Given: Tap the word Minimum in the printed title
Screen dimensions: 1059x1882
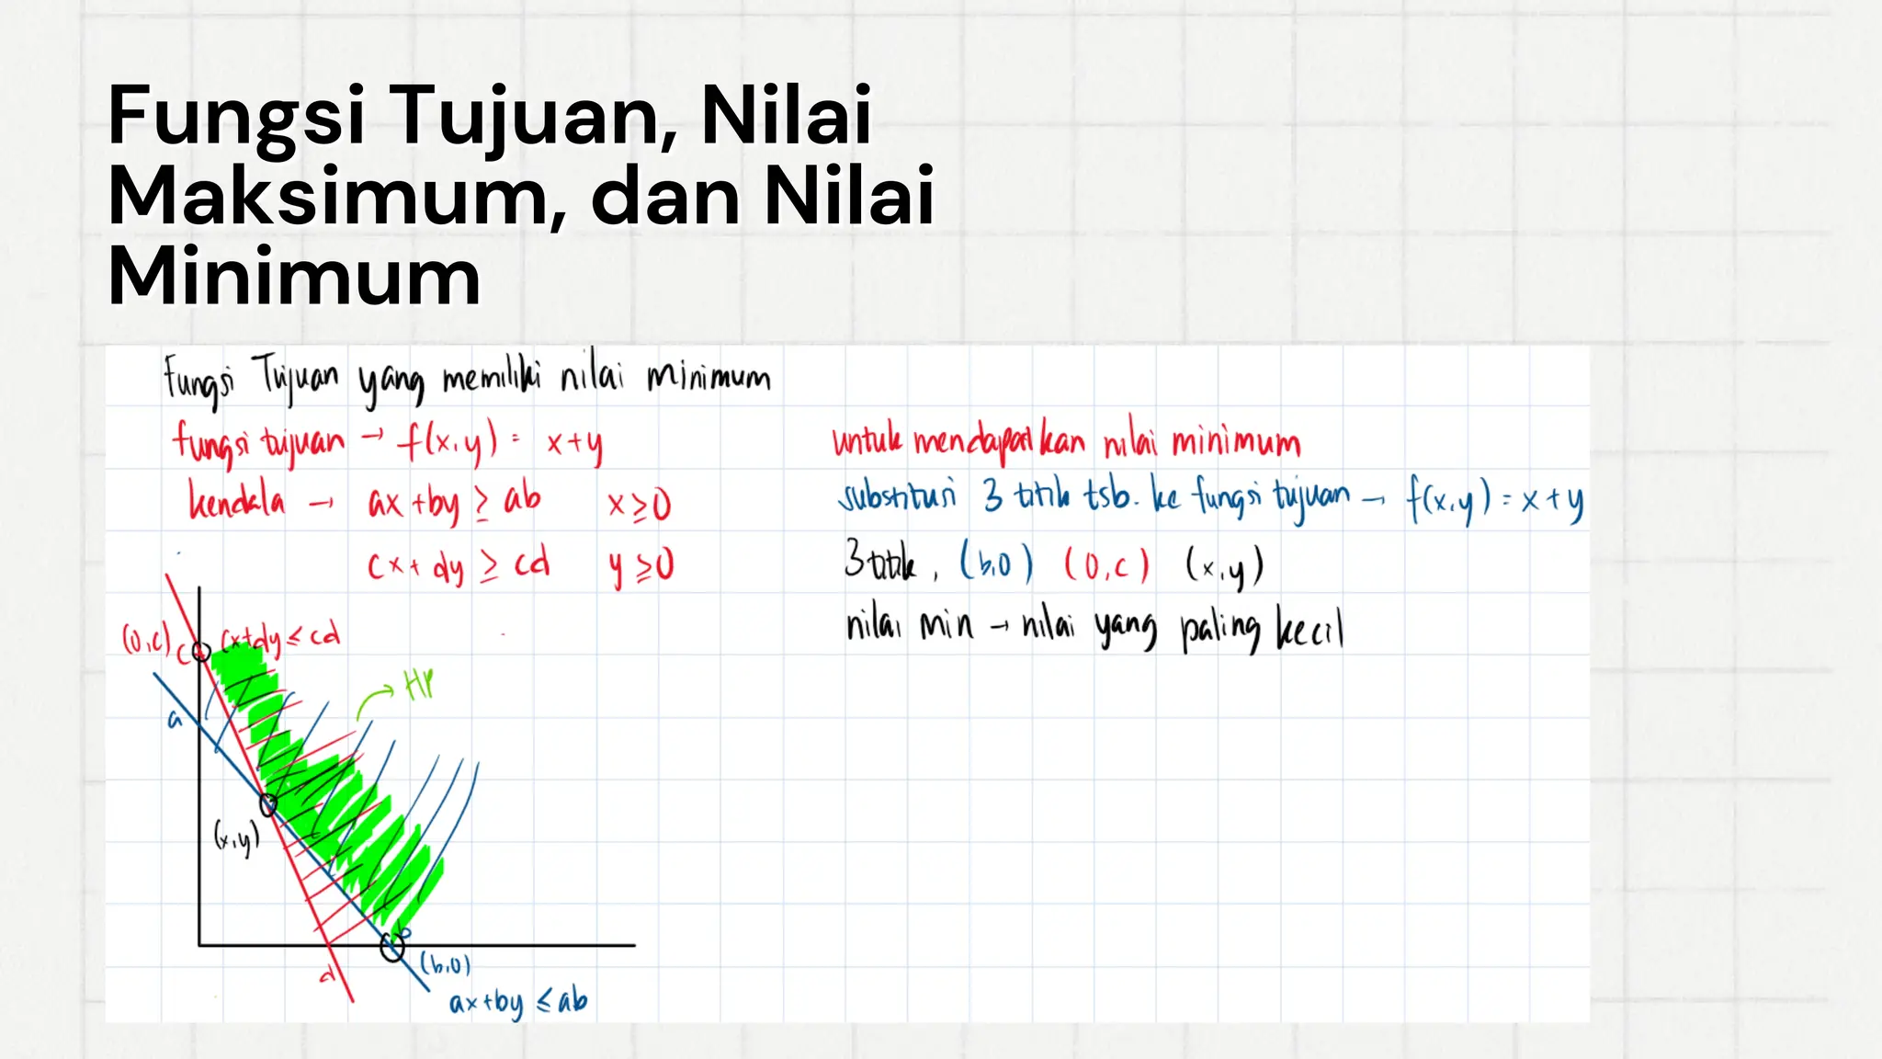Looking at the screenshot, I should click(294, 277).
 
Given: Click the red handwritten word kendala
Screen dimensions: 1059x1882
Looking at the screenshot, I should click(236, 501).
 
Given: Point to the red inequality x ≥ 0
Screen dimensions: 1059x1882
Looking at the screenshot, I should click(640, 505).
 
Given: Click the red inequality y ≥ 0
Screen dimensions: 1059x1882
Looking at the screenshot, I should click(641, 566).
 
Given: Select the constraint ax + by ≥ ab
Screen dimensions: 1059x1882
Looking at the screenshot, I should click(454, 503).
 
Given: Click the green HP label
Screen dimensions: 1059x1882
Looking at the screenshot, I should click(418, 684).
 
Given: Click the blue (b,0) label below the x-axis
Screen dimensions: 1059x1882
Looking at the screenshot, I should click(446, 964).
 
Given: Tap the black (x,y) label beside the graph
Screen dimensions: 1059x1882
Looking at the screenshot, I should click(236, 837).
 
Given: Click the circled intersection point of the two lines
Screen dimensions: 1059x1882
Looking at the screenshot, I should click(268, 805).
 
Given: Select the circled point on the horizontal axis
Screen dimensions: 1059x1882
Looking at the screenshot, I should click(392, 947).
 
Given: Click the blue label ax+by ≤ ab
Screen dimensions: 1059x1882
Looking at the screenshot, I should click(517, 1002).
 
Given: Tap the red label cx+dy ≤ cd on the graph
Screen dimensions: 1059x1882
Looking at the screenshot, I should click(280, 636).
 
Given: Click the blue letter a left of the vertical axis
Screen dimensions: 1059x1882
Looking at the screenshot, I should click(175, 721).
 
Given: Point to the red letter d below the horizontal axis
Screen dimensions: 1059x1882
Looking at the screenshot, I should click(326, 975).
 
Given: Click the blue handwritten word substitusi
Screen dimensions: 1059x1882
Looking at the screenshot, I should click(896, 496).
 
